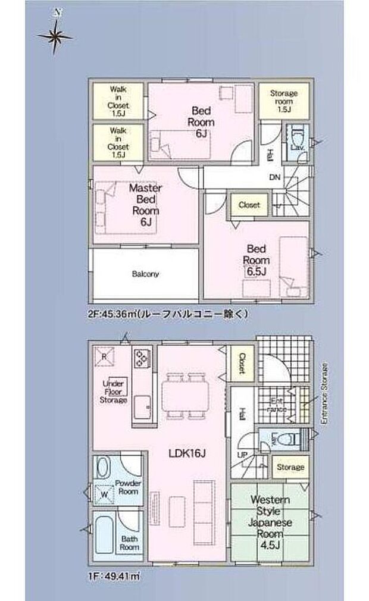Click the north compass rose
click(x=55, y=36)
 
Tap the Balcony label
click(x=145, y=274)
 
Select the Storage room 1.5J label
click(x=284, y=101)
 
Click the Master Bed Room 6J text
click(x=146, y=205)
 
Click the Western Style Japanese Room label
click(x=271, y=516)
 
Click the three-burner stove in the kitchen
click(x=143, y=358)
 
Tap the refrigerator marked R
click(x=104, y=356)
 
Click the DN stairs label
click(x=274, y=177)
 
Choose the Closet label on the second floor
click(x=249, y=205)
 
